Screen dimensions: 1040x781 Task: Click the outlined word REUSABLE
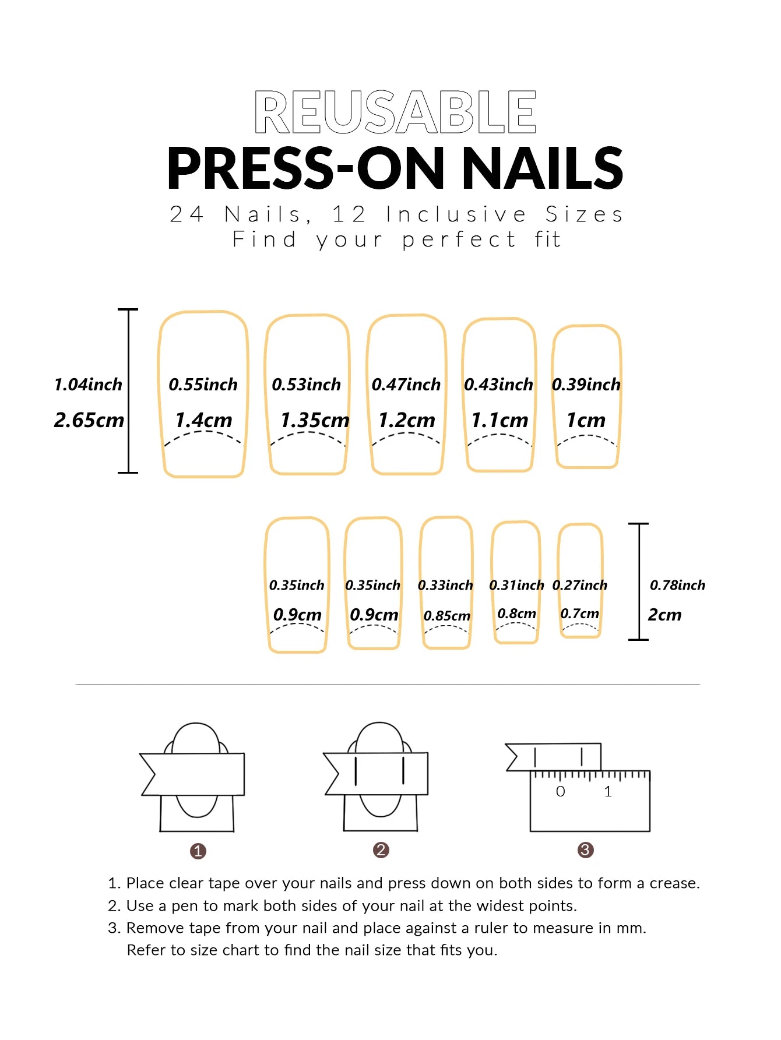395,112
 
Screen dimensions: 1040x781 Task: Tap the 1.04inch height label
88,385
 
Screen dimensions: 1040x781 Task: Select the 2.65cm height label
89,420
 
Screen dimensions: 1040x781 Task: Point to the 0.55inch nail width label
203,385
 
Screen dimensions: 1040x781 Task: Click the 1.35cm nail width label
315,420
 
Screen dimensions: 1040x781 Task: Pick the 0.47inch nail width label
406,385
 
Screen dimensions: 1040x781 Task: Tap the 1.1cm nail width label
499,420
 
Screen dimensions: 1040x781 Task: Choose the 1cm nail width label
586,420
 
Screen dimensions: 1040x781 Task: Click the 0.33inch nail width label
445,585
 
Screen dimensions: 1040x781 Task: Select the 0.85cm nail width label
446,616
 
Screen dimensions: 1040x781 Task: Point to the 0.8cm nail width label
516,614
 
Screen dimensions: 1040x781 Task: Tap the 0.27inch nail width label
579,585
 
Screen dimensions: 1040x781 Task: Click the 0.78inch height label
677,585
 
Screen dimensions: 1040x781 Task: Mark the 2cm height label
664,615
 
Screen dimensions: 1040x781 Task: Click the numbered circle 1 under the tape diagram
198,851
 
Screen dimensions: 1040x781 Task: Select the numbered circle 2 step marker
381,850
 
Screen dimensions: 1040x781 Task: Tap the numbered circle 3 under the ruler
585,850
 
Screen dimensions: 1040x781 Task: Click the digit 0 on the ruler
560,791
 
